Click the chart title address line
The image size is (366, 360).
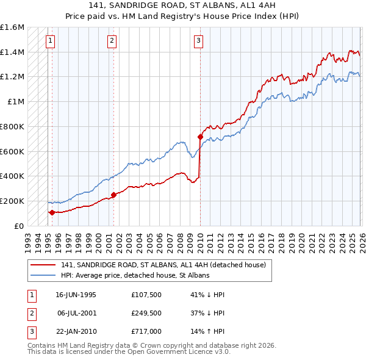coord(183,6)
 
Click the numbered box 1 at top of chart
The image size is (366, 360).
coord(50,41)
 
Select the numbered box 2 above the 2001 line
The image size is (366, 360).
coord(112,41)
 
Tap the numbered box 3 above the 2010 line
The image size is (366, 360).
coord(199,41)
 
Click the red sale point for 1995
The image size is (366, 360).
coord(52,212)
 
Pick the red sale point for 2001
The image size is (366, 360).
coord(113,195)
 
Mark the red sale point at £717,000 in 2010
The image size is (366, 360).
coord(200,137)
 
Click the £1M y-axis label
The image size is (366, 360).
coord(16,102)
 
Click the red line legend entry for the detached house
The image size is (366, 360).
coord(163,265)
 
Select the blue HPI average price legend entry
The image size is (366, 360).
coord(135,275)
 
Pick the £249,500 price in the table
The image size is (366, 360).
coord(146,313)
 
